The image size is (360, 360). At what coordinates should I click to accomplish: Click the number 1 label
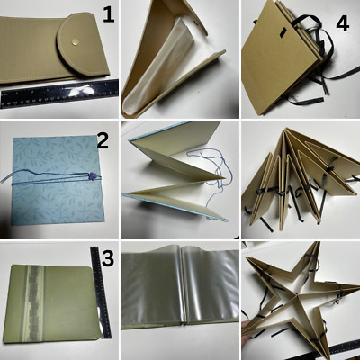(107, 14)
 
